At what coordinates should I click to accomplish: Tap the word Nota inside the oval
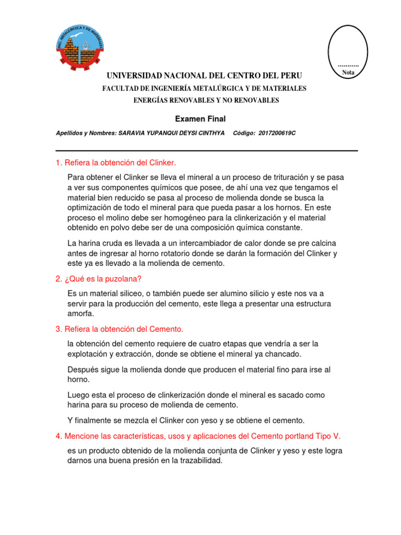(348, 73)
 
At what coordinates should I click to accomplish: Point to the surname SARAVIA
(133, 133)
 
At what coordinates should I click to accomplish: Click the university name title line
(204, 76)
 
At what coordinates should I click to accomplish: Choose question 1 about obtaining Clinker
(120, 163)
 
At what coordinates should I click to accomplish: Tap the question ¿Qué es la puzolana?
(99, 279)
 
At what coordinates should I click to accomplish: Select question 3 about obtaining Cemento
(120, 329)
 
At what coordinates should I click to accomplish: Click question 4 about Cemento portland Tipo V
(198, 436)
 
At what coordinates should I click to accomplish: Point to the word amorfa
(81, 313)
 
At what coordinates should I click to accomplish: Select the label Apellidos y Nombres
(86, 133)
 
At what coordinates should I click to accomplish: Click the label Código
(244, 133)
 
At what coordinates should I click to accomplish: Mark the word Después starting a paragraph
(84, 369)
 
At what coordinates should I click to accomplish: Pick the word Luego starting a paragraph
(79, 395)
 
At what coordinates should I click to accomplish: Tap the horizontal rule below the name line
(207, 150)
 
